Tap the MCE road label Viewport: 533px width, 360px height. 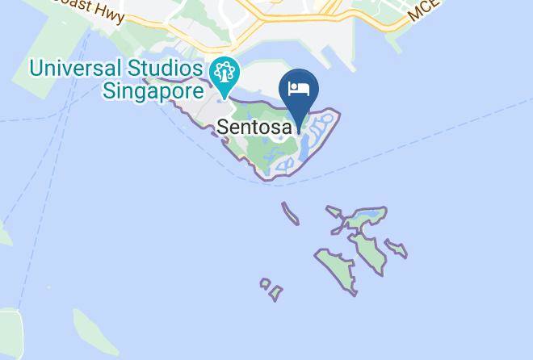click(425, 10)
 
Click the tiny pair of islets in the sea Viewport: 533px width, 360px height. click(271, 289)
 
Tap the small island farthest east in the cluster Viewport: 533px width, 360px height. click(396, 248)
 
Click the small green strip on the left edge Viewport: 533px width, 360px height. click(4, 233)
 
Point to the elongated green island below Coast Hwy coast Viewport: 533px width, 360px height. click(95, 331)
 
